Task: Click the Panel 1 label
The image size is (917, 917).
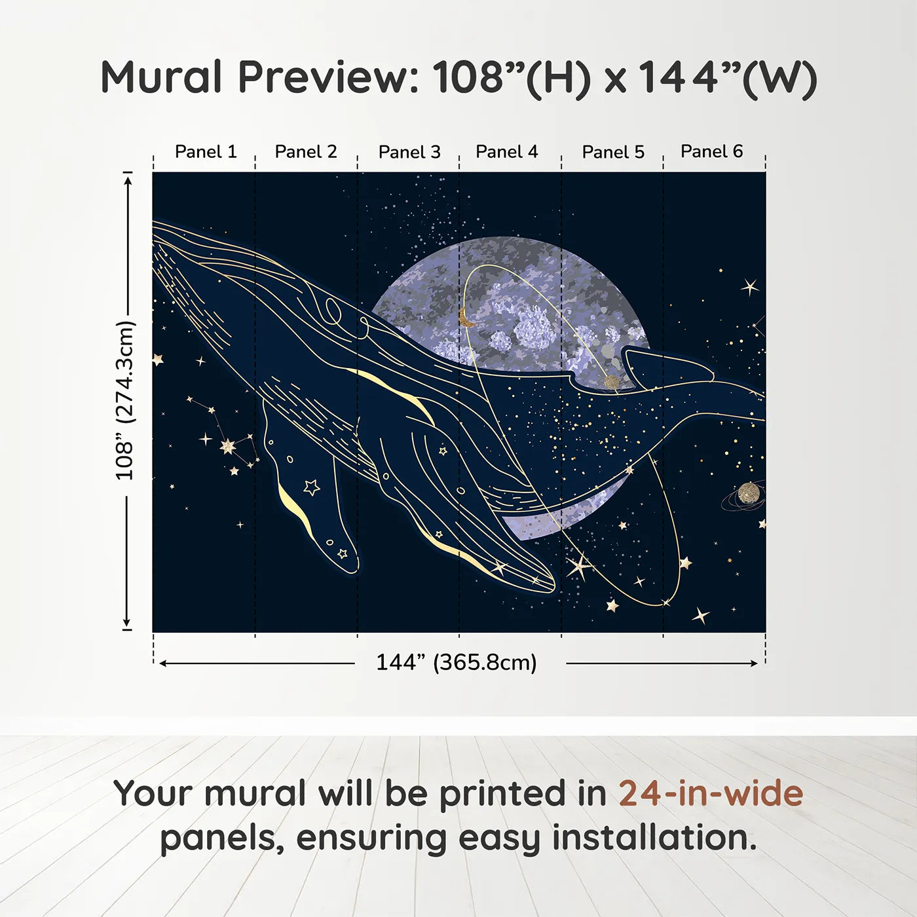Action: [206, 152]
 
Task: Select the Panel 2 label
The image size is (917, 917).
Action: [306, 152]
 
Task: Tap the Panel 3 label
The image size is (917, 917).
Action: [409, 152]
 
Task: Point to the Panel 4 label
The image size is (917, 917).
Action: [507, 152]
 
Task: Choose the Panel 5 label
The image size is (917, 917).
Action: [613, 152]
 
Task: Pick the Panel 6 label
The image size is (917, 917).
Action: [711, 151]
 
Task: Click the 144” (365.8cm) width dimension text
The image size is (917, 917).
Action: [457, 662]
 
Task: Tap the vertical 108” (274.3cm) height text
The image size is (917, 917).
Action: [125, 400]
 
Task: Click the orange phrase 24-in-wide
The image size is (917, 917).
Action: [711, 793]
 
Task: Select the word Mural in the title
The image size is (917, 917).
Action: [161, 77]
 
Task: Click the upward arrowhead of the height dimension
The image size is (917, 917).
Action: [127, 179]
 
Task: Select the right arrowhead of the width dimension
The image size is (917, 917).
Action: [754, 664]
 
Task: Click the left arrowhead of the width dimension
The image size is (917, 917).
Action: [163, 664]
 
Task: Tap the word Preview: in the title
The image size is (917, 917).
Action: [329, 77]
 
